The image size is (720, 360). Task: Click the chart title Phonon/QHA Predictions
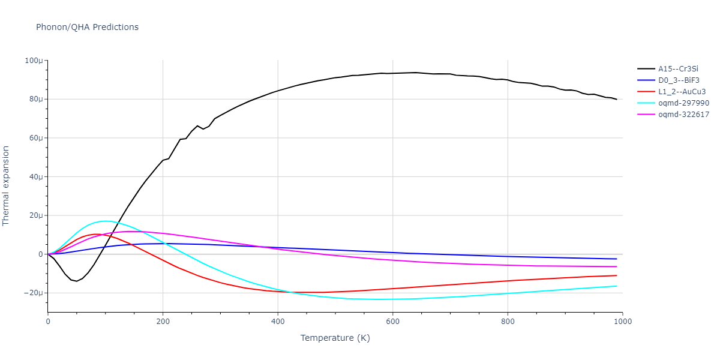pyautogui.click(x=87, y=27)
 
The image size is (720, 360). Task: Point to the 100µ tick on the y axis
pyautogui.click(x=33, y=61)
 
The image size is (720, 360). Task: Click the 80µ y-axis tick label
pyautogui.click(x=35, y=99)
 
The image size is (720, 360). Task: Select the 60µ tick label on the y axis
pyautogui.click(x=35, y=138)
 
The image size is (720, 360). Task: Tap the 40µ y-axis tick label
pyautogui.click(x=35, y=177)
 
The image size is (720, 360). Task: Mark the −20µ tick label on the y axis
pyautogui.click(x=32, y=293)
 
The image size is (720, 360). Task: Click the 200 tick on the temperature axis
pyautogui.click(x=163, y=322)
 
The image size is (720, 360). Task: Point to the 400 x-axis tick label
pyautogui.click(x=278, y=322)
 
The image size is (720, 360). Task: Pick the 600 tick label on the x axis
pyautogui.click(x=392, y=322)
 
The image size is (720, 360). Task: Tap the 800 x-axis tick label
pyautogui.click(x=508, y=322)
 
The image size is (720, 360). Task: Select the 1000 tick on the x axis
pyautogui.click(x=622, y=322)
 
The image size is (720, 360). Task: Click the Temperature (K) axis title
pyautogui.click(x=335, y=338)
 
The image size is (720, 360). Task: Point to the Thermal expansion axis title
pyautogui.click(x=7, y=185)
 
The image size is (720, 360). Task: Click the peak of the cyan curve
pyautogui.click(x=106, y=221)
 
